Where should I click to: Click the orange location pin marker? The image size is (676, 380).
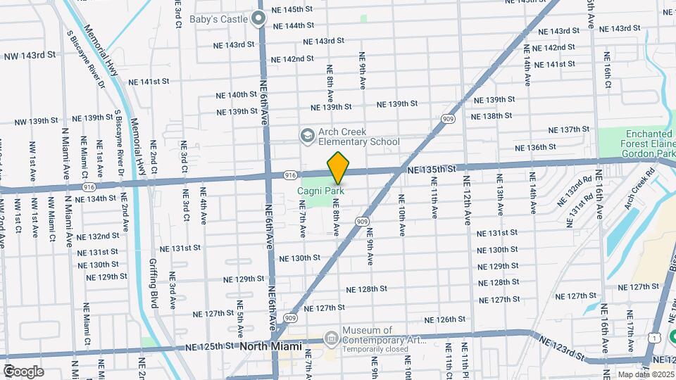coord(338,167)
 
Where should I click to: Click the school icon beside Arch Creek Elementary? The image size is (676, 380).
coord(306,135)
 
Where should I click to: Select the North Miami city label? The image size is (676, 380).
coord(270,346)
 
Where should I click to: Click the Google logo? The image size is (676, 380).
coord(23,372)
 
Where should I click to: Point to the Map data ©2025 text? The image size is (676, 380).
coord(645,374)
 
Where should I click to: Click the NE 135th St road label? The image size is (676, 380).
coord(432,170)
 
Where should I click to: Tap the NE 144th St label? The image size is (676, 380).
coord(290,25)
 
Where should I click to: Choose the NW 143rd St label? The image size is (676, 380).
coord(29,56)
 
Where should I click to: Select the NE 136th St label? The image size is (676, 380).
coord(536,147)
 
